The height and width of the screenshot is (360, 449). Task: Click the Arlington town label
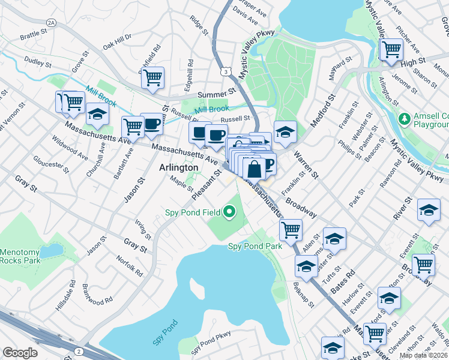pyautogui.click(x=178, y=168)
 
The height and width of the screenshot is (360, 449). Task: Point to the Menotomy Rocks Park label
pyautogui.click(x=20, y=257)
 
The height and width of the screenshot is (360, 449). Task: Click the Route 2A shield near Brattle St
pyautogui.click(x=51, y=22)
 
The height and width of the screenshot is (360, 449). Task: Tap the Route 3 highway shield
pyautogui.click(x=224, y=71)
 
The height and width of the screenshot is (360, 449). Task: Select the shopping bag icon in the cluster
pyautogui.click(x=255, y=169)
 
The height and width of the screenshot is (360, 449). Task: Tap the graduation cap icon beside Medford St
pyautogui.click(x=286, y=131)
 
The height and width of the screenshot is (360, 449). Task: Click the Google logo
pyautogui.click(x=20, y=353)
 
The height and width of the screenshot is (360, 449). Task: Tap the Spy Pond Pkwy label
pyautogui.click(x=211, y=340)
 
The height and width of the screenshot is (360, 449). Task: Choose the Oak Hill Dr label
pyautogui.click(x=116, y=41)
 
